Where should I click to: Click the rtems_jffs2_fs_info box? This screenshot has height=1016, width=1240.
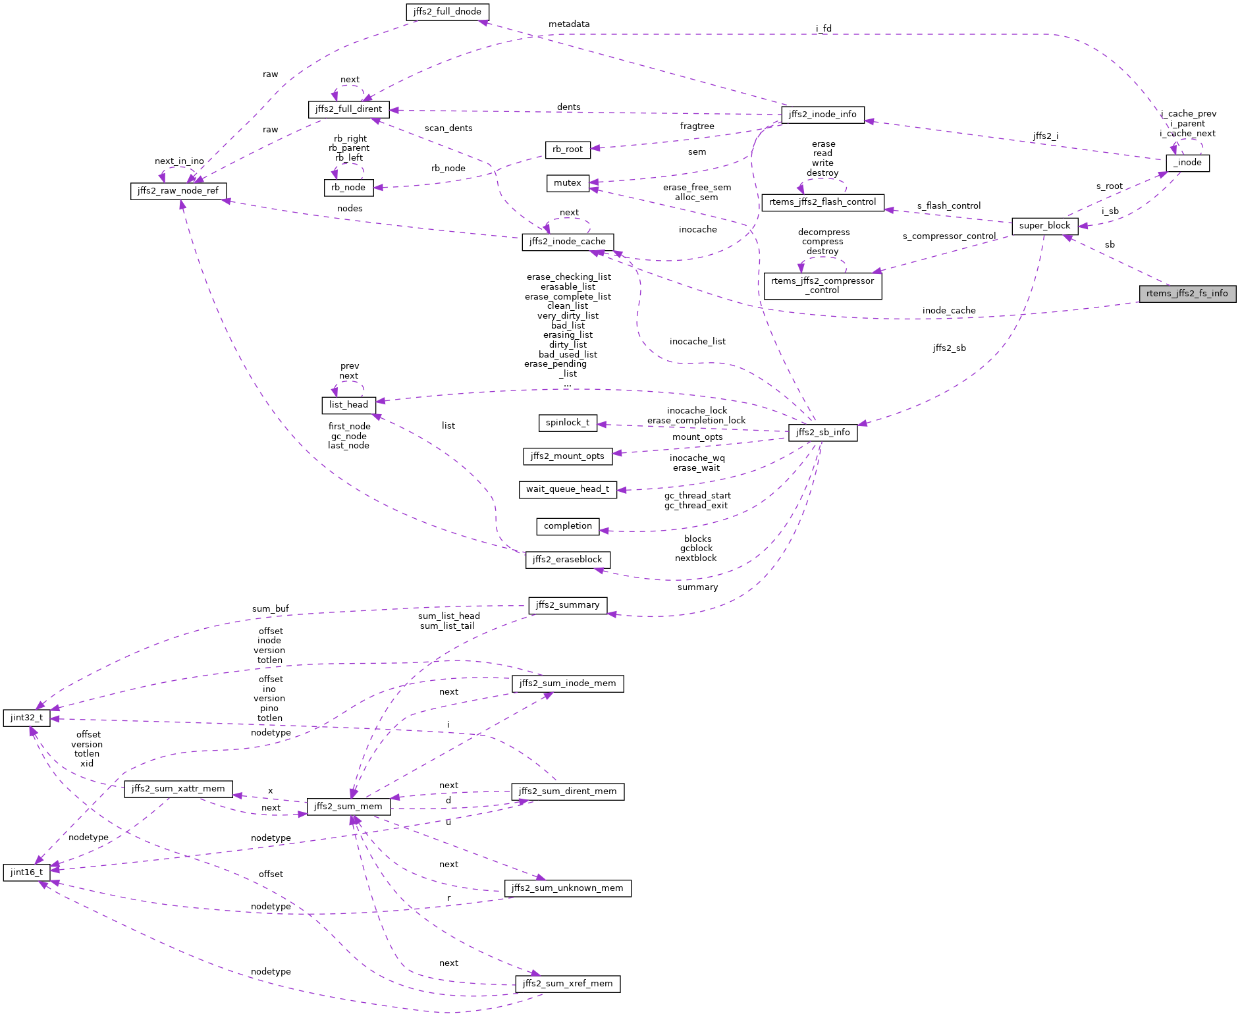point(1187,294)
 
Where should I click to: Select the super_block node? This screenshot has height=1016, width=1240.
point(1044,226)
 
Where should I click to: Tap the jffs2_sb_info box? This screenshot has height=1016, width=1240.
point(822,433)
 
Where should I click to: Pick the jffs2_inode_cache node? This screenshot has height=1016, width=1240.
point(567,242)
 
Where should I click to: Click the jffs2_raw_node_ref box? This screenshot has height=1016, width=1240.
point(178,191)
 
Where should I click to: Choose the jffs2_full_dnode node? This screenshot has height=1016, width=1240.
point(447,12)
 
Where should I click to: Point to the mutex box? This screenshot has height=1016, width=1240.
point(567,183)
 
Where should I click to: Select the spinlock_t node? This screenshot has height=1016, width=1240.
point(567,423)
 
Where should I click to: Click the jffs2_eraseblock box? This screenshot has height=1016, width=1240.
point(567,560)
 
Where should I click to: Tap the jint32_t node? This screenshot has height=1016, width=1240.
point(26,718)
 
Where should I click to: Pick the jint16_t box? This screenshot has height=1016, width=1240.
point(26,872)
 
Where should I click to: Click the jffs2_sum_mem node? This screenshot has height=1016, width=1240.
point(348,807)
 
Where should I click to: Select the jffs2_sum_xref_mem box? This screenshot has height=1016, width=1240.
point(567,984)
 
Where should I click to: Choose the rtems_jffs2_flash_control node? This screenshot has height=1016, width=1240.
point(822,202)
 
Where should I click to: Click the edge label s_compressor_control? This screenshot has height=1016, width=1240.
point(949,236)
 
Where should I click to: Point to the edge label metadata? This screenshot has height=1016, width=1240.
point(569,24)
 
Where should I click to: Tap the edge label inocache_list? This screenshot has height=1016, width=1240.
point(697,342)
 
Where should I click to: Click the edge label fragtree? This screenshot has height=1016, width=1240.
point(697,126)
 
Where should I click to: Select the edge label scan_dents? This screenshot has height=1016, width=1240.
point(448,128)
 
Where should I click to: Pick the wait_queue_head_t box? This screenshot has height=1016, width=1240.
point(567,489)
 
